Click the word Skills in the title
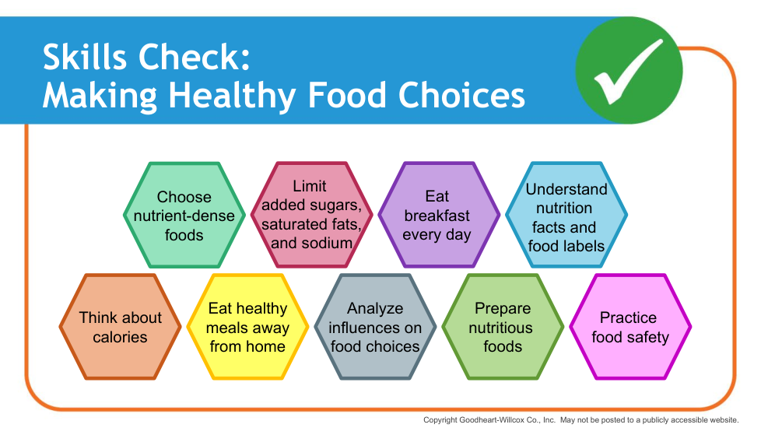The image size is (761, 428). click(x=86, y=58)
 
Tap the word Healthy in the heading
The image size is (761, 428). click(x=233, y=96)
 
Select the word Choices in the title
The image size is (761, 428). click(x=461, y=95)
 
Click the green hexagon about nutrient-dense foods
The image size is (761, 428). click(x=184, y=215)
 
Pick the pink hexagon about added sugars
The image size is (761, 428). click(x=311, y=215)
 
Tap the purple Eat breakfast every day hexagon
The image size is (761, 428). click(x=439, y=215)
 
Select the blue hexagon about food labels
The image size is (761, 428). click(x=566, y=215)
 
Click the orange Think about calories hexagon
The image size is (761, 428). click(x=121, y=327)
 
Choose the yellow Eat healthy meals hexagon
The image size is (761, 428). click(x=247, y=327)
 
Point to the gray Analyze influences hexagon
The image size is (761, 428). click(x=375, y=327)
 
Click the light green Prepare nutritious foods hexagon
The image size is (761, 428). click(x=503, y=327)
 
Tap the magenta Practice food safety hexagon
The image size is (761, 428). click(x=630, y=327)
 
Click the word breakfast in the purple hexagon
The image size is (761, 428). click(x=437, y=216)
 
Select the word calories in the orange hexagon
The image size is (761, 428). click(x=120, y=337)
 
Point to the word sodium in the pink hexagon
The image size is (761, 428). click(x=328, y=243)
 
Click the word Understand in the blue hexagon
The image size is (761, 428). click(x=566, y=189)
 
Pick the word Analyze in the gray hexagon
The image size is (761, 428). click(x=375, y=309)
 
